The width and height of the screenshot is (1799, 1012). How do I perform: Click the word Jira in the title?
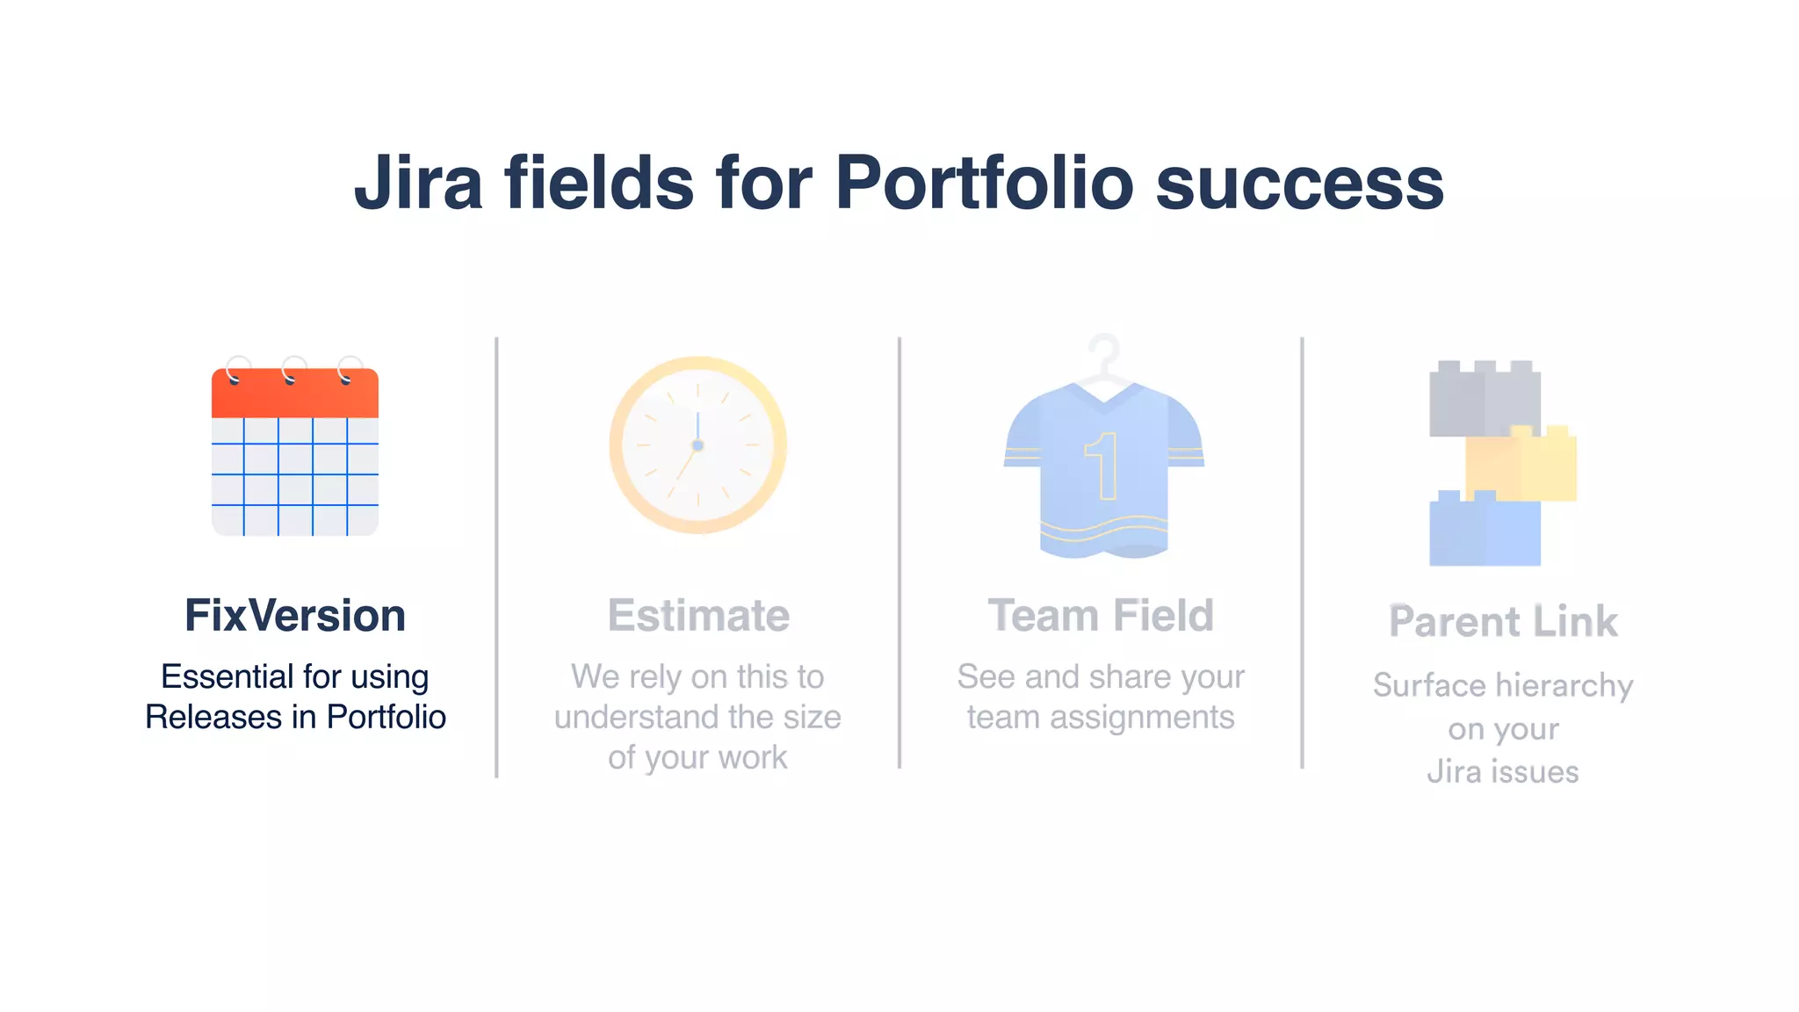[x=418, y=183]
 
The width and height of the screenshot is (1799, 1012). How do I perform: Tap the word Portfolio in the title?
[x=984, y=183]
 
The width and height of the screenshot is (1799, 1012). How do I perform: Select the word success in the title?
[x=1300, y=184]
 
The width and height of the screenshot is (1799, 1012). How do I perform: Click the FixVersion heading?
[x=295, y=615]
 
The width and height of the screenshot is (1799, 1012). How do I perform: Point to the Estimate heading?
[x=698, y=615]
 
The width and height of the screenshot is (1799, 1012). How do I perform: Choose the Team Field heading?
[x=1101, y=615]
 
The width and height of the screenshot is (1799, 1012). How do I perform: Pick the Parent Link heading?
[x=1503, y=622]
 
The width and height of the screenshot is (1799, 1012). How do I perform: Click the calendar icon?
[x=295, y=452]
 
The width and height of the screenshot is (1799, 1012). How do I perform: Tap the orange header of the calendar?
[x=295, y=394]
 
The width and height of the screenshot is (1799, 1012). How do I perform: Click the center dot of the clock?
[x=697, y=445]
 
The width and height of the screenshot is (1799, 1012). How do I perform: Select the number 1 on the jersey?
[x=1103, y=466]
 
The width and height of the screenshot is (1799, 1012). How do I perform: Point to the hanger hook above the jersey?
[x=1104, y=351]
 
